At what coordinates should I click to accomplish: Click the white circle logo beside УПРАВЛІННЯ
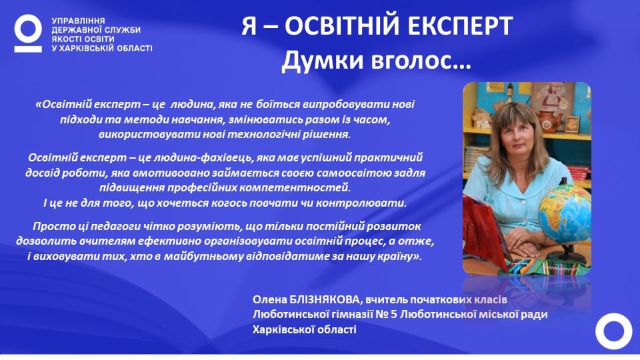28,33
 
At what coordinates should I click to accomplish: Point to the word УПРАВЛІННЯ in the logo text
78,21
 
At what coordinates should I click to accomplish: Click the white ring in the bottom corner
614,331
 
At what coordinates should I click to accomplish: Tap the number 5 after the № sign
393,315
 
